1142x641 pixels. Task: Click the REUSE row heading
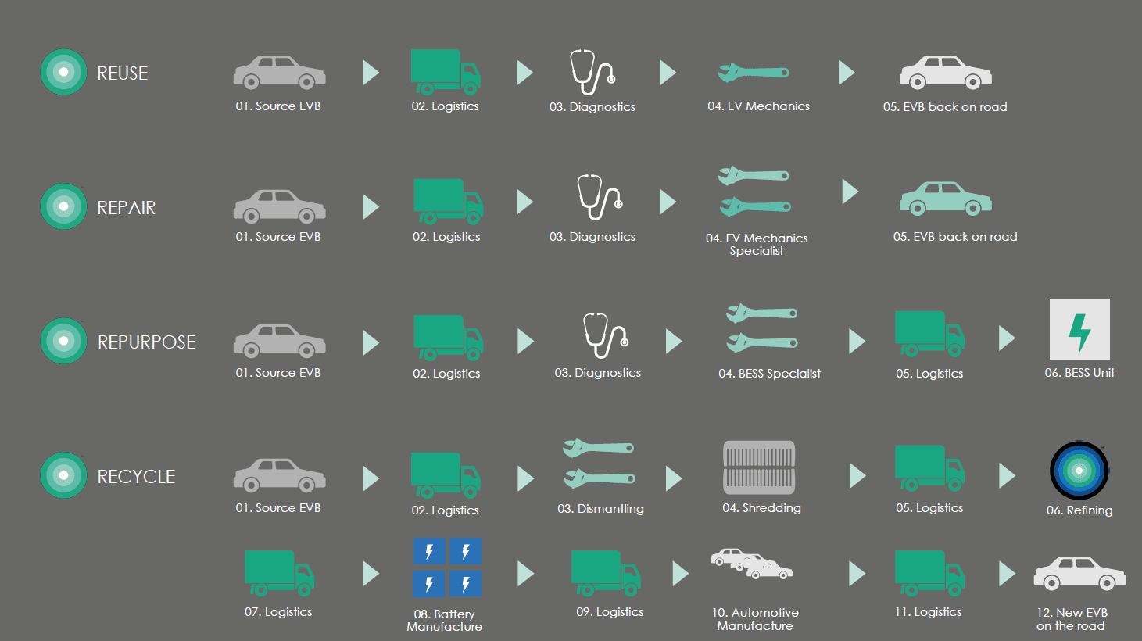pyautogui.click(x=122, y=73)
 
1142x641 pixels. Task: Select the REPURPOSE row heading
pyautogui.click(x=146, y=342)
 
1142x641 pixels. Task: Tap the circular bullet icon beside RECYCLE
pyautogui.click(x=63, y=475)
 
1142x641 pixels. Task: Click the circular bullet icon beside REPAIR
pyautogui.click(x=63, y=206)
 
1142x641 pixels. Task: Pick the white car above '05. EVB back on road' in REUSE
pyautogui.click(x=945, y=73)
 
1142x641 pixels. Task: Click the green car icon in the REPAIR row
pyautogui.click(x=945, y=199)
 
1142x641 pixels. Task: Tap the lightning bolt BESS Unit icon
pyautogui.click(x=1079, y=330)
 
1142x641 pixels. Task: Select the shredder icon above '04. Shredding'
pyautogui.click(x=759, y=467)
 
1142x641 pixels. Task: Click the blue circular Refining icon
pyautogui.click(x=1079, y=471)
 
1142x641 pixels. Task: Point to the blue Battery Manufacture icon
pyautogui.click(x=447, y=568)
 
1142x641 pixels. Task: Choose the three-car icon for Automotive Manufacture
pyautogui.click(x=751, y=564)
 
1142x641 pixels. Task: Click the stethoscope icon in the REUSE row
pyautogui.click(x=592, y=73)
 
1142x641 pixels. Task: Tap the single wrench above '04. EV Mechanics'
pyautogui.click(x=754, y=73)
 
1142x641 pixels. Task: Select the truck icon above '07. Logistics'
pyautogui.click(x=279, y=572)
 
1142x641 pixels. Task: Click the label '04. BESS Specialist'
pyautogui.click(x=769, y=374)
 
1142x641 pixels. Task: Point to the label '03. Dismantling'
pyautogui.click(x=600, y=509)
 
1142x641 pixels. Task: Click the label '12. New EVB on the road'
pyautogui.click(x=1071, y=619)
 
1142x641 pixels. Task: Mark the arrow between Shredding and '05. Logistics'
pyautogui.click(x=857, y=475)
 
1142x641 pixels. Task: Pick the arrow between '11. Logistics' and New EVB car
pyautogui.click(x=1007, y=574)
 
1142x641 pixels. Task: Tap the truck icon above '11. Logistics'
pyautogui.click(x=929, y=572)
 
